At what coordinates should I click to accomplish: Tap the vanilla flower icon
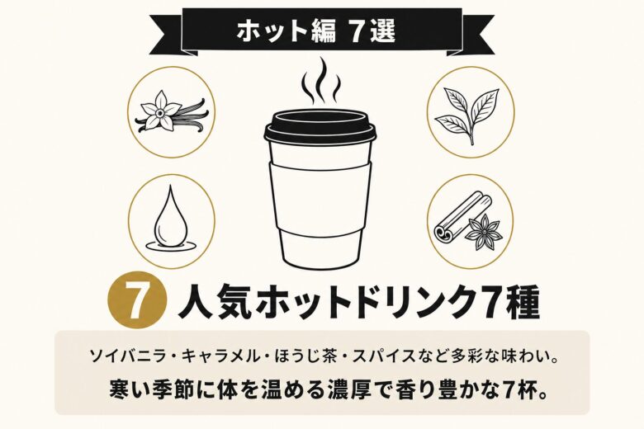pos(172,112)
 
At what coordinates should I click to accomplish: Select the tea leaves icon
pos(469,112)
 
